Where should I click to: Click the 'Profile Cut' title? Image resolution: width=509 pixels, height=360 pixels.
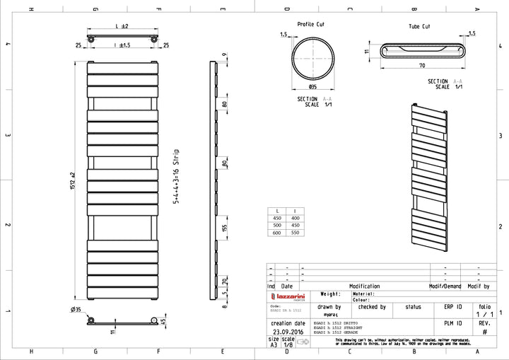point(311,23)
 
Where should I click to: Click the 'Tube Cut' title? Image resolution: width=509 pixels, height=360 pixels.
point(419,26)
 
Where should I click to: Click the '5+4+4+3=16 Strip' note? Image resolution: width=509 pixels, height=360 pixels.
point(176,176)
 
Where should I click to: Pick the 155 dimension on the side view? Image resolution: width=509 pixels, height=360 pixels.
point(223,229)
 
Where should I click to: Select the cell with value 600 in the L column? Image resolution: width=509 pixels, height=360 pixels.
point(277,232)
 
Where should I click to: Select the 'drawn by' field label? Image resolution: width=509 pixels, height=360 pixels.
point(329,307)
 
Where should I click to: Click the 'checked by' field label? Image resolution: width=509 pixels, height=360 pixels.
point(372,307)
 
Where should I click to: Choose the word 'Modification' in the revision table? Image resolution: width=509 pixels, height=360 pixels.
point(365,286)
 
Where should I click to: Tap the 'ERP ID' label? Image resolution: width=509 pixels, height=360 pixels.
point(453,307)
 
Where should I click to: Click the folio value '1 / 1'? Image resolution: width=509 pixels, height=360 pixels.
point(484,315)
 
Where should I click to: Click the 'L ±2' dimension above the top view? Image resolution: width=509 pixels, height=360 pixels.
point(121,26)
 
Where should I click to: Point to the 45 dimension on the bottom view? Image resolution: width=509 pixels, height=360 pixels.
point(163,323)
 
